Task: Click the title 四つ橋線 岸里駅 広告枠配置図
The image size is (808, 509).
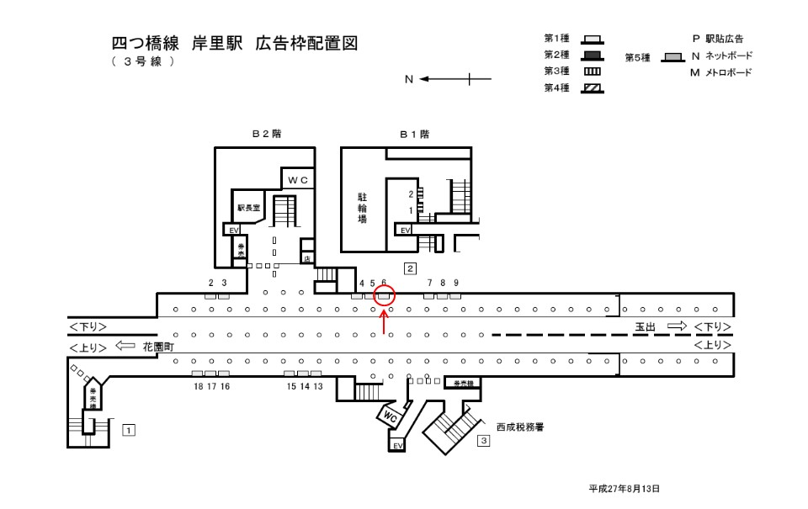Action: click(x=235, y=44)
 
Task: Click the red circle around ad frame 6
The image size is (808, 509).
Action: click(x=385, y=295)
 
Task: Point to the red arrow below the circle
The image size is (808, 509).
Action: click(x=385, y=321)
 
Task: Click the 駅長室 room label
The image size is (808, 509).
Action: click(x=250, y=206)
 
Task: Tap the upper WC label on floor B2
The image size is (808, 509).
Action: click(x=299, y=180)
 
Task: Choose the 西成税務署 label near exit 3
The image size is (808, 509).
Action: click(x=519, y=427)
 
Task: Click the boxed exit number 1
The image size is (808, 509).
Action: click(x=129, y=430)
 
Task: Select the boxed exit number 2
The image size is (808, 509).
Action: click(x=410, y=269)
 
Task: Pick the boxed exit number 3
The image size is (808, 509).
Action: click(x=483, y=440)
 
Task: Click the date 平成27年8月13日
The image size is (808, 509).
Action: click(x=624, y=488)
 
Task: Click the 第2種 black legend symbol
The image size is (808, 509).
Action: click(x=593, y=55)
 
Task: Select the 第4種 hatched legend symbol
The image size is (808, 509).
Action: click(x=593, y=87)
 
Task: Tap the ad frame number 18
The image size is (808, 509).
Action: click(x=198, y=386)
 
